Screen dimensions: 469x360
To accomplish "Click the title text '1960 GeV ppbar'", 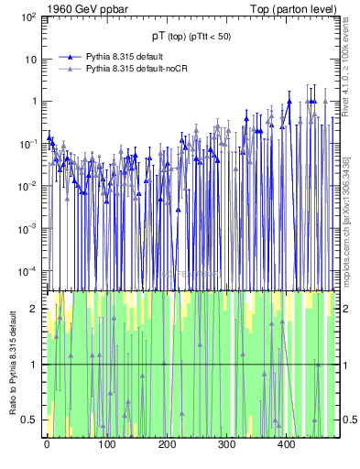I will click(x=89, y=10).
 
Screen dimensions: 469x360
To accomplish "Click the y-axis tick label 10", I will click(x=31, y=60).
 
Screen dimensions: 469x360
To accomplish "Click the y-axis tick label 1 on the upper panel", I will click(x=34, y=102).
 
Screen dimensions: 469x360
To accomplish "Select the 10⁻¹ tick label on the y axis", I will click(x=29, y=144).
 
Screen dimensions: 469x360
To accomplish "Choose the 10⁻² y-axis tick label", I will click(x=29, y=186).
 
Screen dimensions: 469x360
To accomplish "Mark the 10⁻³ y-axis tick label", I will click(x=29, y=228).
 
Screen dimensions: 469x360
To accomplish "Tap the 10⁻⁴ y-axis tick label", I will click(x=29, y=270).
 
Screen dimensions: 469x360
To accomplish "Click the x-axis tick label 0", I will click(x=47, y=445).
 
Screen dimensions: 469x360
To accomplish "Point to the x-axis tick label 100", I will click(x=106, y=445).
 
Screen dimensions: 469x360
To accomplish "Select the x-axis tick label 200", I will click(x=167, y=445).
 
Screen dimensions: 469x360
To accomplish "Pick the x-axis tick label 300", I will click(x=226, y=445).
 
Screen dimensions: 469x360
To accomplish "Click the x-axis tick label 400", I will click(x=287, y=445).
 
